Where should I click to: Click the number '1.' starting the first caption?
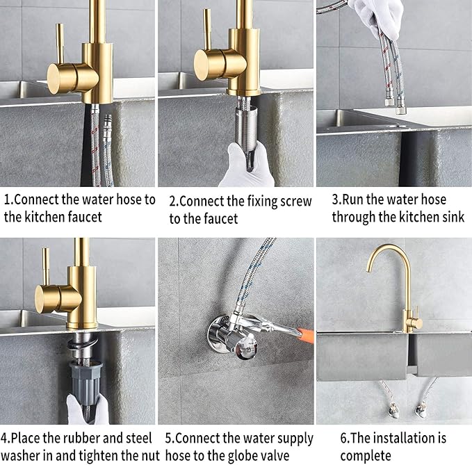8,199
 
